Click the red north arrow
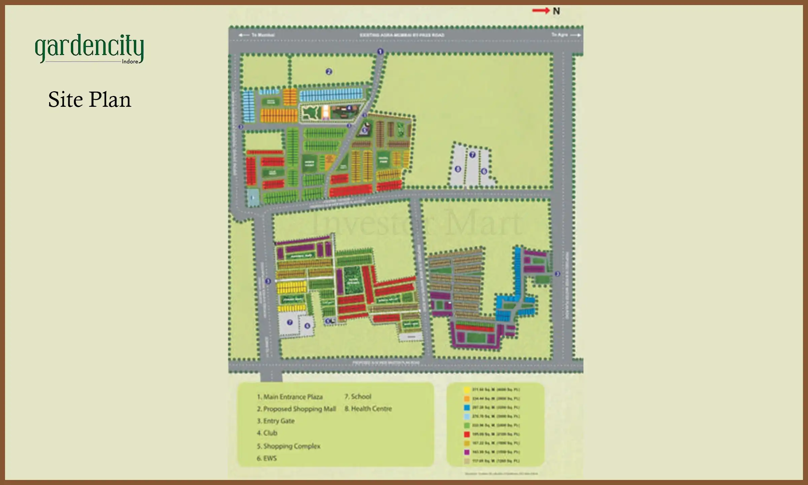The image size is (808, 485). (540, 11)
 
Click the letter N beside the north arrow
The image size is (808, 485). (556, 11)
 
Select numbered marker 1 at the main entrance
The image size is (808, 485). (380, 52)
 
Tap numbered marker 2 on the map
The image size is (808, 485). (329, 71)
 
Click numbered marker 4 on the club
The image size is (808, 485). (349, 108)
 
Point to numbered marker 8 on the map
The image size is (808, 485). (458, 169)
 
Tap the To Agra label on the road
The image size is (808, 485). (560, 35)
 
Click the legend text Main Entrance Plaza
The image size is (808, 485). (290, 397)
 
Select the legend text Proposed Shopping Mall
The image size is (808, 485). (296, 409)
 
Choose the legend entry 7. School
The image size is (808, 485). (358, 396)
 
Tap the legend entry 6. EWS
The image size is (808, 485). (267, 458)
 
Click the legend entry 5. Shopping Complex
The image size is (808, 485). (289, 446)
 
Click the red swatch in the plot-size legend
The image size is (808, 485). (467, 434)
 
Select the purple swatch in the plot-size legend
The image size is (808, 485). (467, 452)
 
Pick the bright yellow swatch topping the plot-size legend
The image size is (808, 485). (467, 390)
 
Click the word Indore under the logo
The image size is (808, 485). (130, 62)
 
